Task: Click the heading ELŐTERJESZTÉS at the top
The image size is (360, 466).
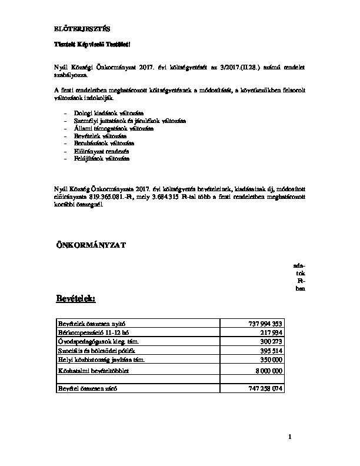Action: pyautogui.click(x=81, y=28)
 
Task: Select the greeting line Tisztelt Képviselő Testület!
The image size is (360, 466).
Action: pyautogui.click(x=92, y=45)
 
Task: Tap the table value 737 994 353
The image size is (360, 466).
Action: pyautogui.click(x=262, y=324)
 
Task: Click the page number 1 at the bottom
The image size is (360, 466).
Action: pyautogui.click(x=290, y=437)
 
